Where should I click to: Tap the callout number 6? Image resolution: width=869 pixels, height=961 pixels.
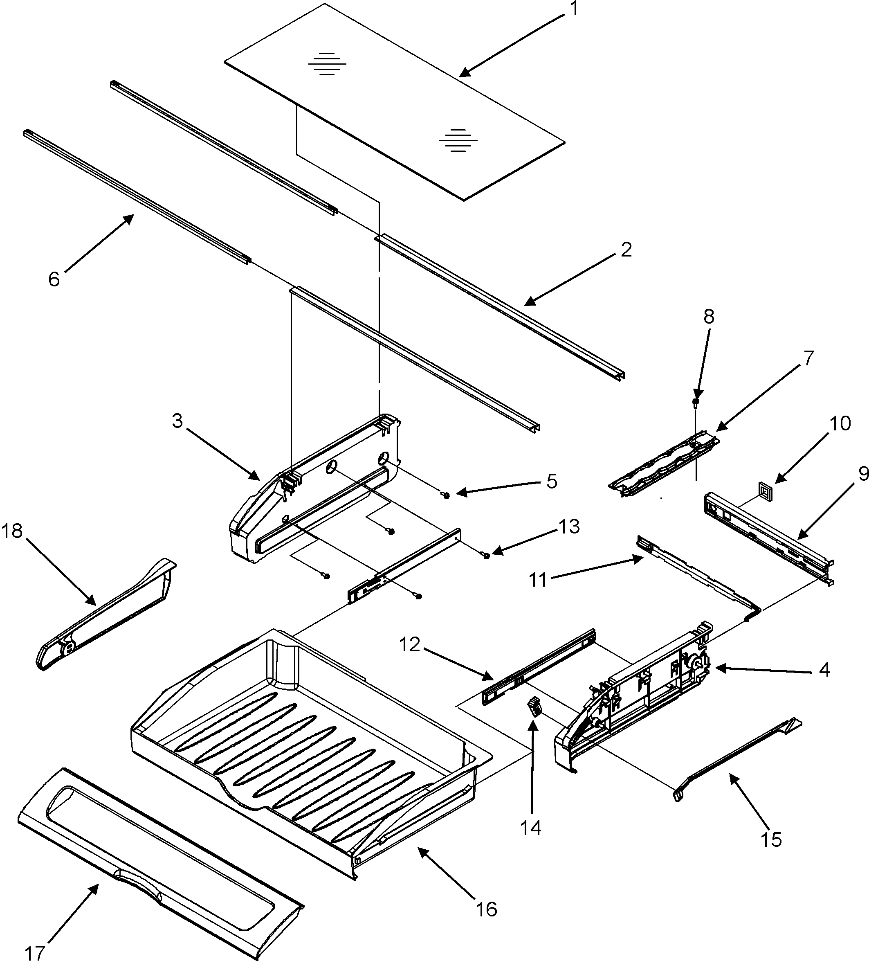54,279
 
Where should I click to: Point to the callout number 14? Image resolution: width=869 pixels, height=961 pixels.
531,828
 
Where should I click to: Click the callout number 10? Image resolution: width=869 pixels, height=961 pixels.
840,423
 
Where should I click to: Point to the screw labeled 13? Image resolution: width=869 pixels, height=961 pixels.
486,555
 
